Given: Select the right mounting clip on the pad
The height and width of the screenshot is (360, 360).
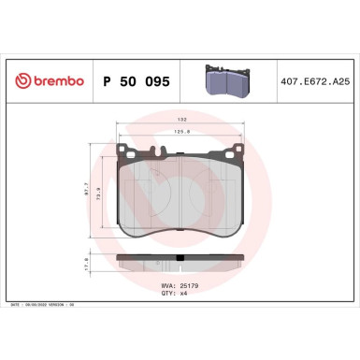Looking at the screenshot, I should [x=228, y=151].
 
